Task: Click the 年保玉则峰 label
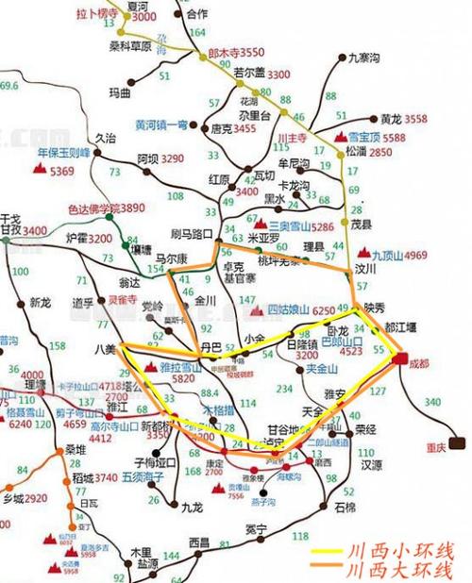63,153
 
